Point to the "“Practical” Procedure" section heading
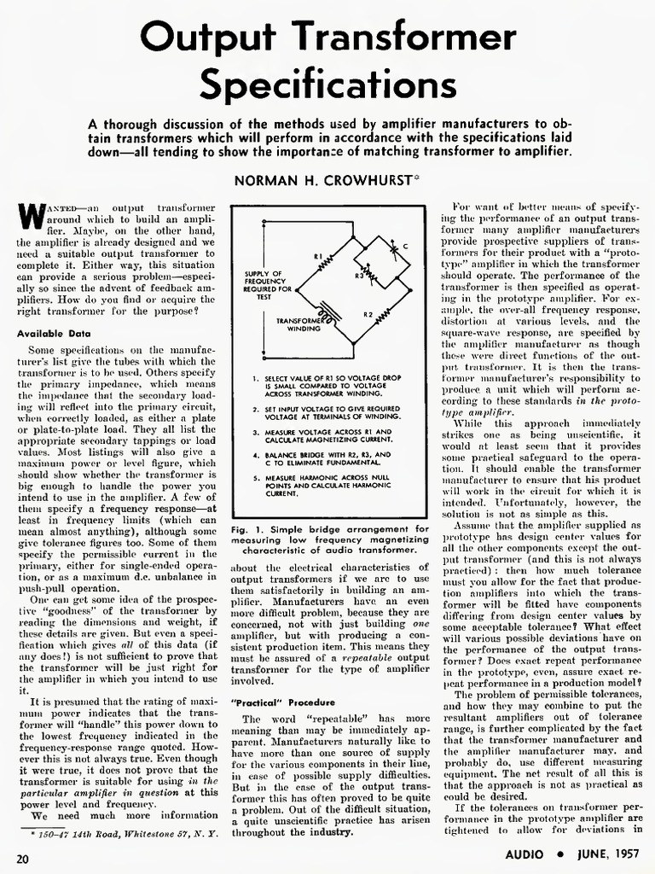click(277, 701)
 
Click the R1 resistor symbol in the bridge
click(324, 259)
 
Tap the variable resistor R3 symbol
click(373, 277)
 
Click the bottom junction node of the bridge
click(353, 342)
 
